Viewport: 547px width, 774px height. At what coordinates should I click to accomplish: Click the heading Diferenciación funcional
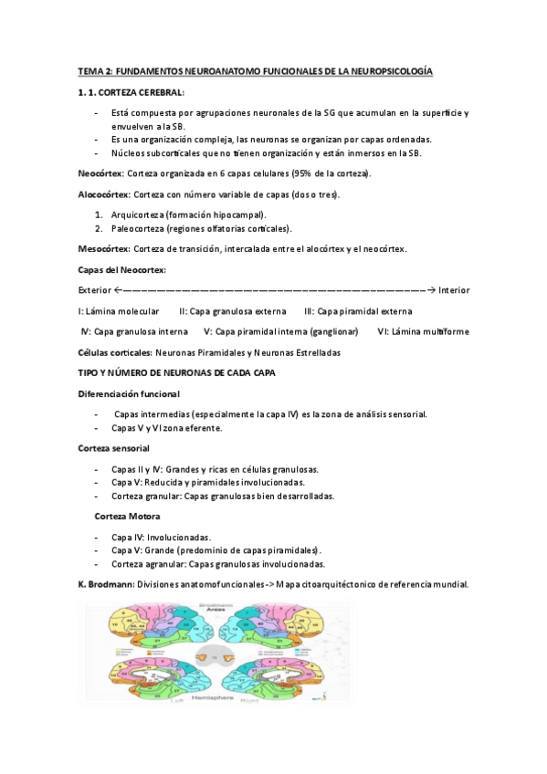[x=129, y=393]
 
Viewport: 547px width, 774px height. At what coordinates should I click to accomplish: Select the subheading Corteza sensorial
[x=114, y=448]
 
